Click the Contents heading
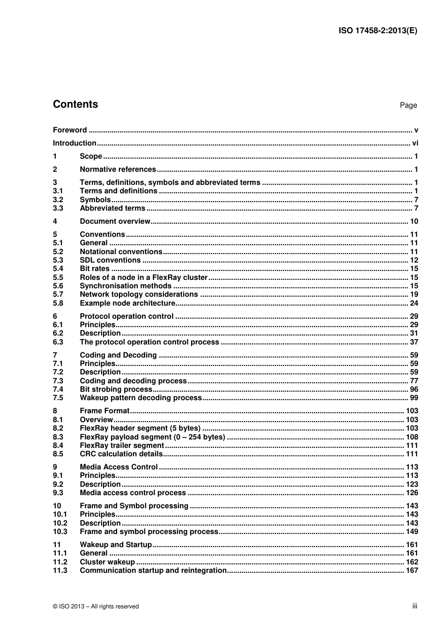coord(75,104)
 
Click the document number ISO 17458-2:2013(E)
coord(378,31)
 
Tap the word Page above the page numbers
coord(408,105)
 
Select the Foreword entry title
coord(70,130)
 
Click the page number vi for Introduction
coord(415,143)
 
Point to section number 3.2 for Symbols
coord(58,200)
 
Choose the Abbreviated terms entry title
coord(112,208)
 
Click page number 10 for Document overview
coord(414,221)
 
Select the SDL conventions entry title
coord(110,260)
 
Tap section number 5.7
coord(58,294)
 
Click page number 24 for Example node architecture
coord(414,303)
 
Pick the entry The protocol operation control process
coord(149,342)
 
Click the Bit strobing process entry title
coord(116,389)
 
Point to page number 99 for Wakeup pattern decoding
coord(414,398)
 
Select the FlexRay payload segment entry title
coord(152,437)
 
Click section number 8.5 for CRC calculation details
coord(58,454)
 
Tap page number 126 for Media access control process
coord(412,493)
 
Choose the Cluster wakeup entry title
coord(107,562)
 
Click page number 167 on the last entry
coord(412,570)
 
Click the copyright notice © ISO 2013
coord(96,607)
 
